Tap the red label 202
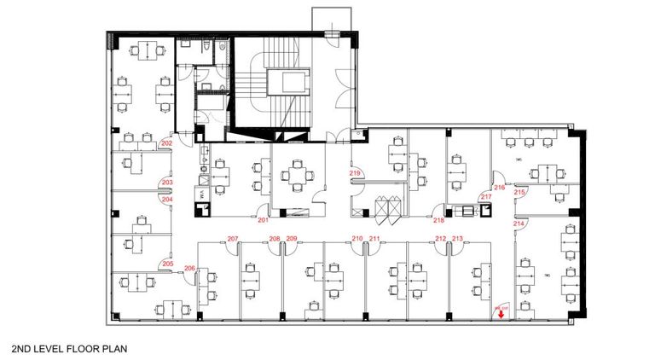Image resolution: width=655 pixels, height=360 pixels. [166, 143]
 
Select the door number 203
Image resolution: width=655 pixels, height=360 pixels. [167, 183]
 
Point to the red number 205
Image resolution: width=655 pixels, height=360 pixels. [167, 264]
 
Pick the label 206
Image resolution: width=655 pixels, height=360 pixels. [189, 269]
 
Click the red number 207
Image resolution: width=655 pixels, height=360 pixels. [232, 238]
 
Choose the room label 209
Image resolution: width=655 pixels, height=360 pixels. [291, 238]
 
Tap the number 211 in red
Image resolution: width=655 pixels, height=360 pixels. [374, 238]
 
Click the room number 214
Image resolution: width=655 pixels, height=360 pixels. [518, 223]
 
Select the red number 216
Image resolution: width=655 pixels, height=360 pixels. [500, 186]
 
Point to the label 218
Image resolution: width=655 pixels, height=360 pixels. [438, 219]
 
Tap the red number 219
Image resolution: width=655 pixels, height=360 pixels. [356, 174]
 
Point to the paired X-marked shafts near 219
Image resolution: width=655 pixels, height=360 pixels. [387, 208]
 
